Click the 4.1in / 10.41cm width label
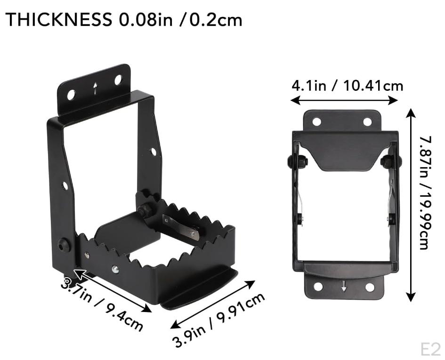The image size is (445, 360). point(347,86)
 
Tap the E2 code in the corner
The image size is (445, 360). point(430,349)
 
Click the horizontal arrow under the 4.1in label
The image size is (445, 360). point(344,100)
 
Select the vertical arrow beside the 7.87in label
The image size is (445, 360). point(411,205)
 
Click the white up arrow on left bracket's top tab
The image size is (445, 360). point(96,88)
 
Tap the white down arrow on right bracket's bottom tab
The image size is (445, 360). point(344,285)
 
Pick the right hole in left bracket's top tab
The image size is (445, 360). point(118,80)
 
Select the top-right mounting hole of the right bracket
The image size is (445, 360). point(367,122)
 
